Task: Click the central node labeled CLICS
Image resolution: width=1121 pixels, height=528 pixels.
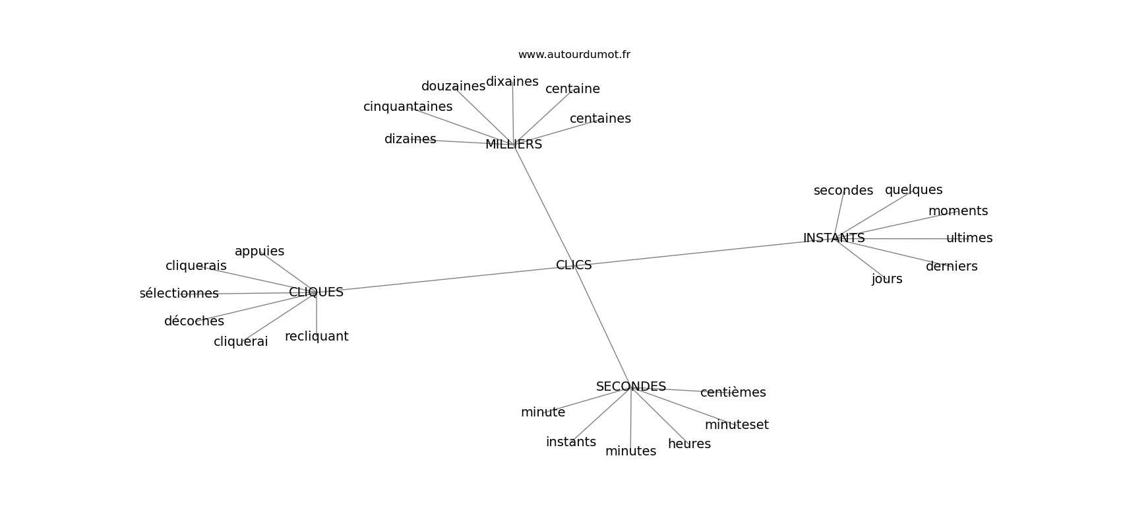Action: pyautogui.click(x=574, y=265)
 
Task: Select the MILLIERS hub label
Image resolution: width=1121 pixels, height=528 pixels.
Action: pyautogui.click(x=514, y=145)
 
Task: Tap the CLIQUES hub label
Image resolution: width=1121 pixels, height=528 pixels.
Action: pyautogui.click(x=316, y=292)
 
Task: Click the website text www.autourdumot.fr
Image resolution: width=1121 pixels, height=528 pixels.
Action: pyautogui.click(x=574, y=55)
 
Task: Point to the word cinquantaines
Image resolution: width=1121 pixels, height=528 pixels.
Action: pyautogui.click(x=408, y=107)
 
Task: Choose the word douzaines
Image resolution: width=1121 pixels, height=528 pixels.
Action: pyautogui.click(x=453, y=86)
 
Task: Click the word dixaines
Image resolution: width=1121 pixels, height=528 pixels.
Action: pyautogui.click(x=512, y=82)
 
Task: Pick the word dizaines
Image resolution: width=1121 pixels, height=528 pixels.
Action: pyautogui.click(x=410, y=139)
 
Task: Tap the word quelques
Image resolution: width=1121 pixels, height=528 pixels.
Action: pyautogui.click(x=913, y=190)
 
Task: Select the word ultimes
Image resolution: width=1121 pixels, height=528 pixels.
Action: pyautogui.click(x=969, y=238)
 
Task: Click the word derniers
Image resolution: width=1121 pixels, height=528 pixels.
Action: pyautogui.click(x=951, y=267)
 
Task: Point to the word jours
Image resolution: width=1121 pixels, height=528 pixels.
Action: pyautogui.click(x=886, y=279)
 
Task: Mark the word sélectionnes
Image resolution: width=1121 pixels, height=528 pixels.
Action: pyautogui.click(x=179, y=294)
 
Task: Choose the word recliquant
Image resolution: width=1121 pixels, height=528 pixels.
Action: pyautogui.click(x=317, y=337)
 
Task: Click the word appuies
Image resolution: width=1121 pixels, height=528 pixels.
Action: pyautogui.click(x=259, y=251)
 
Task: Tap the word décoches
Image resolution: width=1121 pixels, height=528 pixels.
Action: pyautogui.click(x=194, y=321)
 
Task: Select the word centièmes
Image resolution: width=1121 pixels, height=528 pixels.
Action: pyautogui.click(x=733, y=393)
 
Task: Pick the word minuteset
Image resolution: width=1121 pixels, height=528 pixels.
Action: pyautogui.click(x=736, y=425)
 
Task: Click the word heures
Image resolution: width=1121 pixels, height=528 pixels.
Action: pyautogui.click(x=689, y=444)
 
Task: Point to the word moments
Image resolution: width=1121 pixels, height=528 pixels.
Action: pyautogui.click(x=957, y=211)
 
